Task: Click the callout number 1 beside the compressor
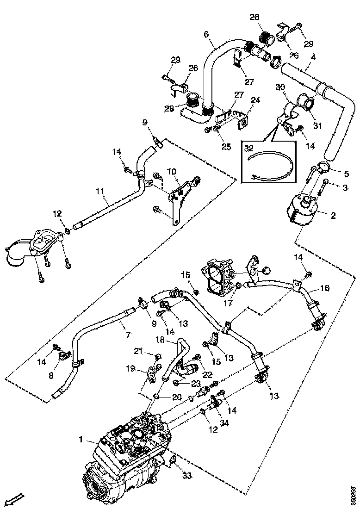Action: click(x=81, y=441)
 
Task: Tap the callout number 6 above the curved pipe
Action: click(x=206, y=34)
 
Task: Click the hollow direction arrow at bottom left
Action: click(x=15, y=499)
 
